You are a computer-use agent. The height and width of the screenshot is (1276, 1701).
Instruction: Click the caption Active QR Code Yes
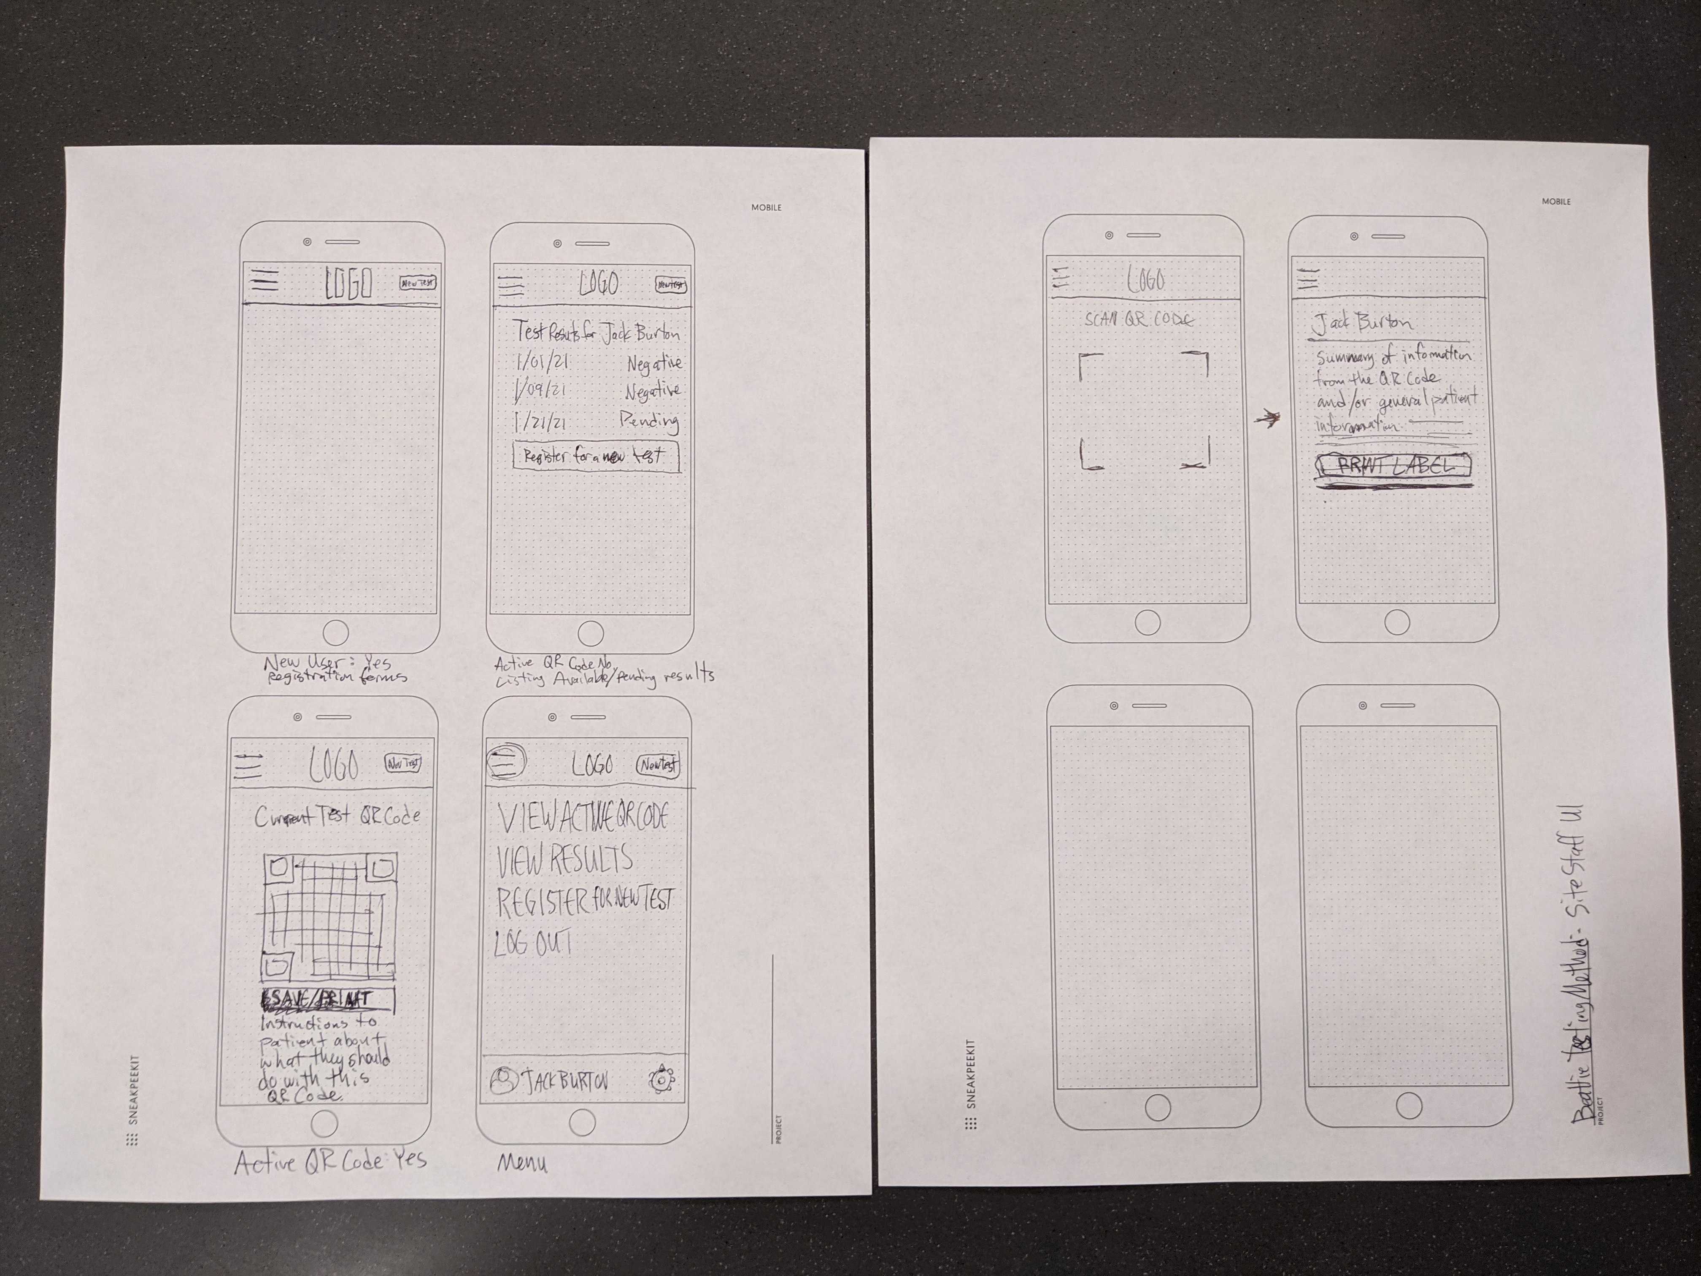(331, 1161)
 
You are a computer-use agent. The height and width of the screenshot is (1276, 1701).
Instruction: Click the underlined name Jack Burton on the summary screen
(1362, 323)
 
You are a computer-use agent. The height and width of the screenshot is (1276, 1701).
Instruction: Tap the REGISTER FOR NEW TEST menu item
(584, 901)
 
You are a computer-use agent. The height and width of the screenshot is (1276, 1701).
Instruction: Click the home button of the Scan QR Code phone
(1147, 623)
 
